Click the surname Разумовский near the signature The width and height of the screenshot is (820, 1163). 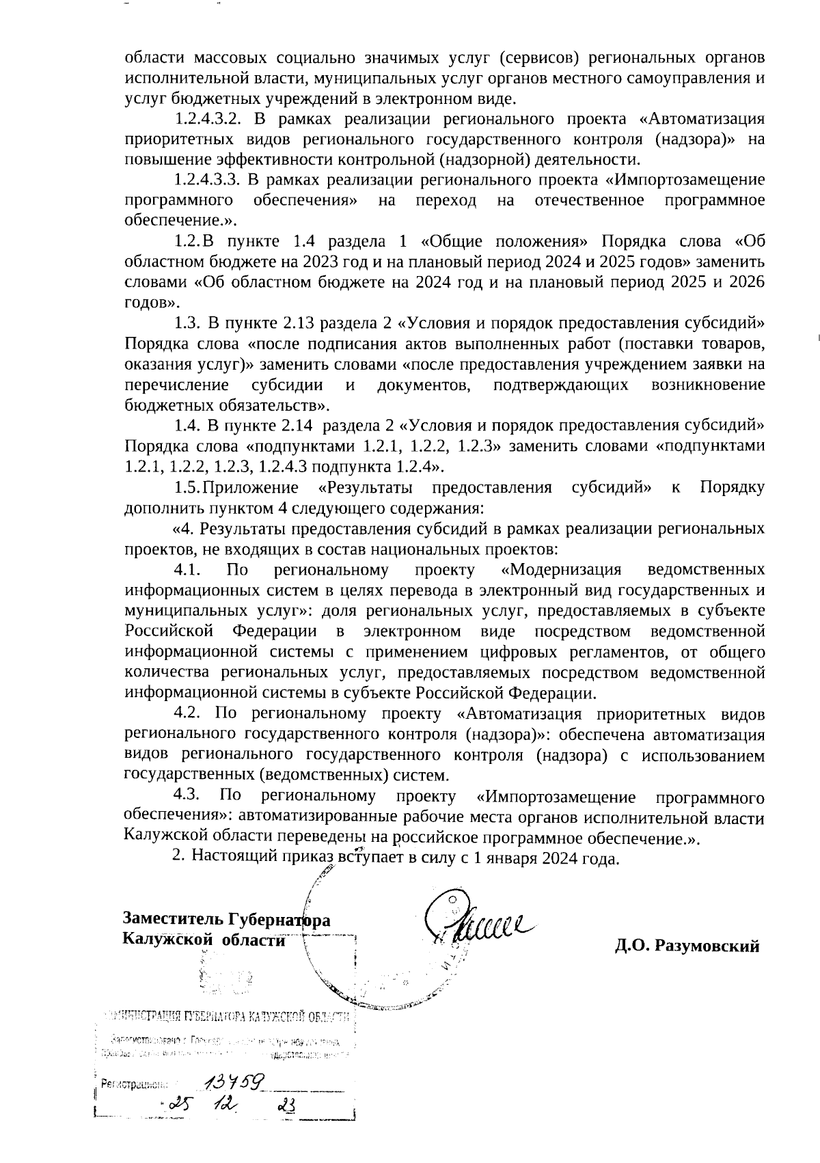click(x=707, y=946)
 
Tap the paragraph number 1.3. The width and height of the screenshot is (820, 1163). click(x=187, y=323)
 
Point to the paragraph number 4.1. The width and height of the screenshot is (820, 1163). click(x=186, y=570)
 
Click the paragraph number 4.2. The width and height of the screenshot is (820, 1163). click(x=187, y=714)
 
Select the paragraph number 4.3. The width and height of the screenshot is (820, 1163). click(x=187, y=795)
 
